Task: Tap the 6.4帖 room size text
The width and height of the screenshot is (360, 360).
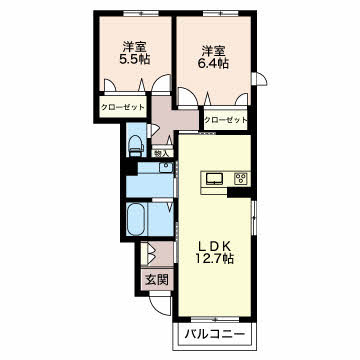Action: click(x=212, y=64)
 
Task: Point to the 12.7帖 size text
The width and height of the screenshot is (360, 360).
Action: click(x=213, y=260)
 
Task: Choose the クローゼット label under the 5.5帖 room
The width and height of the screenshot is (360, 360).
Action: click(x=122, y=107)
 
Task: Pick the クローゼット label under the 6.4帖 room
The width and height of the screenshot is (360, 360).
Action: click(x=225, y=120)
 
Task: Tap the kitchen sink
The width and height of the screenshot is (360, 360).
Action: click(x=215, y=179)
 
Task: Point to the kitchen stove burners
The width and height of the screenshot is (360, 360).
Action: click(x=240, y=179)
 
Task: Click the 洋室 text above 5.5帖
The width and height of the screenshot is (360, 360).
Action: click(x=133, y=46)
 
